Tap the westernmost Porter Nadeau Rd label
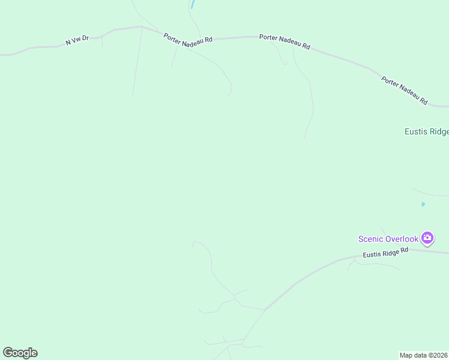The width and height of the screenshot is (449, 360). coord(188,37)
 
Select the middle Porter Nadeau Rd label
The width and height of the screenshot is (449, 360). coord(285,41)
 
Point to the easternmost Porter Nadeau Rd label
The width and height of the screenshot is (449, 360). coord(404,90)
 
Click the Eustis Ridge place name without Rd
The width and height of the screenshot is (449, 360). coord(426,132)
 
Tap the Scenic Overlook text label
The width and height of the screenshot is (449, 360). coord(388,239)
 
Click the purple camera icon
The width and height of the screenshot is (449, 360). coord(427,238)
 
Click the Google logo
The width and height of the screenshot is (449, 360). coord(20,353)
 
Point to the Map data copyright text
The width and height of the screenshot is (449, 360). coord(424,355)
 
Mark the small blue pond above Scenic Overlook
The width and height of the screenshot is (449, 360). coord(423,205)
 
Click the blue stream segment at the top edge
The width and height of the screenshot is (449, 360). coord(192,4)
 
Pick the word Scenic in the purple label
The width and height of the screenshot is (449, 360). coord(371,239)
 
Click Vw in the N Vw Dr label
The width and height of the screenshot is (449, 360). coord(77,41)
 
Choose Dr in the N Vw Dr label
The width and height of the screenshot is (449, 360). coord(86,38)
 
